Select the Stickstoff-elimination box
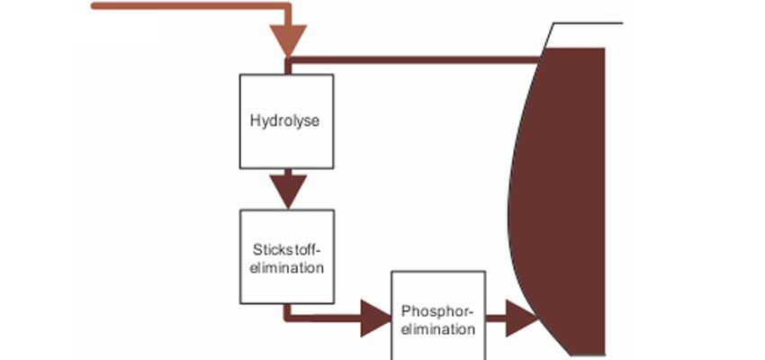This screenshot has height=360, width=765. pyautogui.click(x=286, y=256)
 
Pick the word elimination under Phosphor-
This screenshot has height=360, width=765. pyautogui.click(x=438, y=329)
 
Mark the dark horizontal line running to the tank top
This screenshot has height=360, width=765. pyautogui.click(x=414, y=60)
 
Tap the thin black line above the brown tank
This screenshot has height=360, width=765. pyautogui.click(x=585, y=22)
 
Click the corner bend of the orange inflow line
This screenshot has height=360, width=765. pyautogui.click(x=287, y=8)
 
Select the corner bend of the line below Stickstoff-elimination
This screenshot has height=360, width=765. pyautogui.click(x=287, y=318)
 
